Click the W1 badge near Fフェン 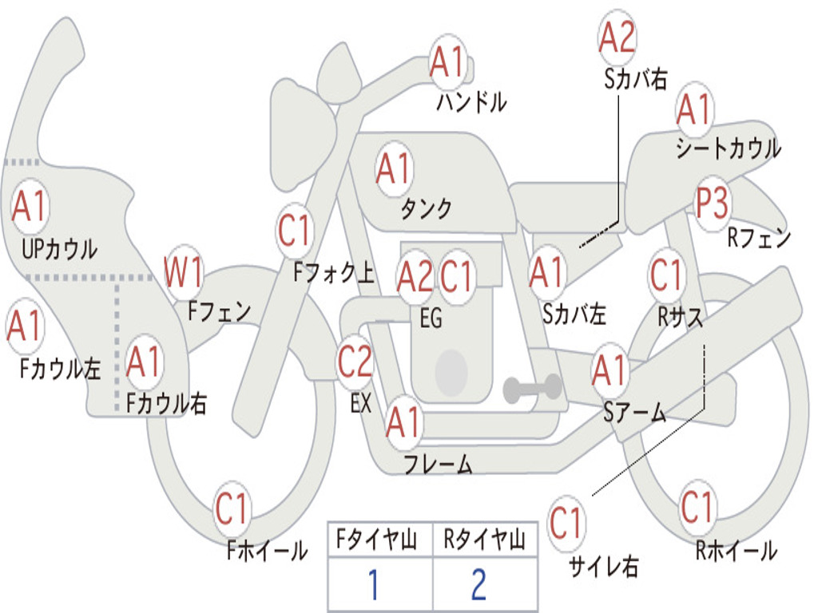tap(183, 271)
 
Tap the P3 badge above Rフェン tap(713, 203)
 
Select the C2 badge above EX tap(355, 362)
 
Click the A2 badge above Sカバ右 tap(617, 38)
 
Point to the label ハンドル tap(471, 101)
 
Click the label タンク tap(427, 208)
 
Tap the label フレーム tap(439, 464)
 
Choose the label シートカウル tap(729, 148)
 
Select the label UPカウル tap(59, 249)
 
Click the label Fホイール tap(267, 551)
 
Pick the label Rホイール tap(737, 551)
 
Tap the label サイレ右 tap(604, 566)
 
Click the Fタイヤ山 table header tap(377, 539)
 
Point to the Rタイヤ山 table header tap(485, 539)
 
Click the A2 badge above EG tap(415, 276)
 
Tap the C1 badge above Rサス tap(665, 274)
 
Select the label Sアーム tap(635, 413)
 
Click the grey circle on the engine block tap(451, 371)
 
